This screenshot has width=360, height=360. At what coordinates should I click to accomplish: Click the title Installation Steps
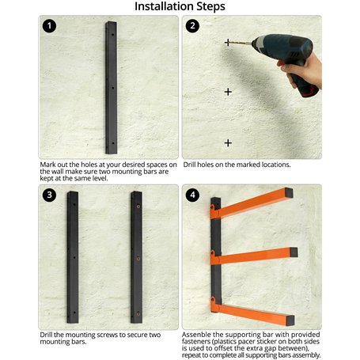click(180, 7)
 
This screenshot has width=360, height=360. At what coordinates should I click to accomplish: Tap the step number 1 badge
click(51, 26)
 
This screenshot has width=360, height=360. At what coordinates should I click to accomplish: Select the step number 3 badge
click(51, 195)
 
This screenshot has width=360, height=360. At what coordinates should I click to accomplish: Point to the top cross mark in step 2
click(228, 43)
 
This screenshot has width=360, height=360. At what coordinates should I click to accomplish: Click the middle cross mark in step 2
click(228, 92)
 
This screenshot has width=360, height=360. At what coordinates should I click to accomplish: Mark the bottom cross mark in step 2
click(228, 142)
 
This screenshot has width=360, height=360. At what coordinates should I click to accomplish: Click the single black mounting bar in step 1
click(111, 87)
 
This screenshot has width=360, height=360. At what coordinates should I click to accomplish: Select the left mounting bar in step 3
click(73, 257)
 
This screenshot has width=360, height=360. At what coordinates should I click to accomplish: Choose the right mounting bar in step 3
click(136, 257)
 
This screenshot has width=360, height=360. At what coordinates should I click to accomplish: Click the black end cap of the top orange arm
click(290, 192)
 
